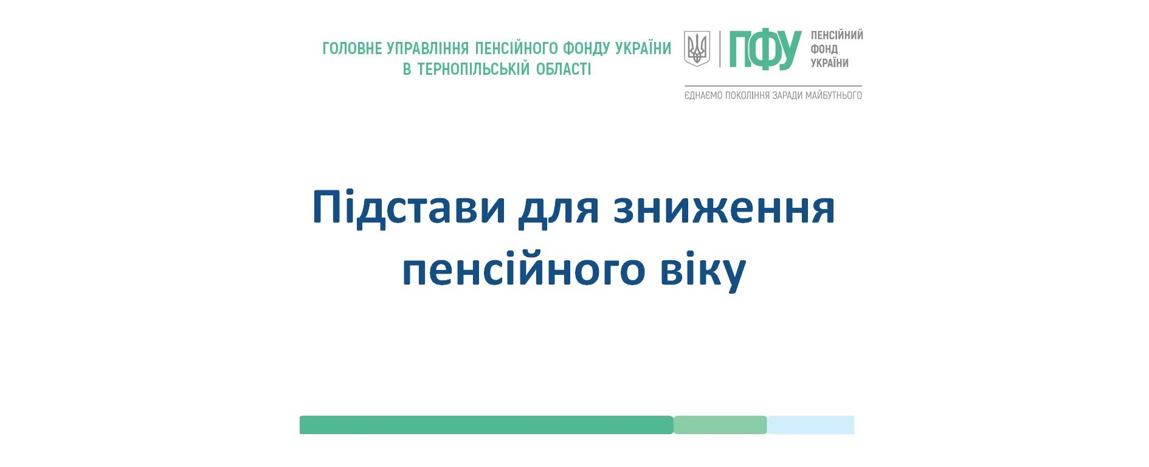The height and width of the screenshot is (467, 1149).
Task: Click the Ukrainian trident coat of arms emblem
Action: point(697,49)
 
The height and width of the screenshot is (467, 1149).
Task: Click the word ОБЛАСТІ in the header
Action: point(564,69)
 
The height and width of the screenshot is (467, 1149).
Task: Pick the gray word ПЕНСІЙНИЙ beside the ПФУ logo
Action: point(837,35)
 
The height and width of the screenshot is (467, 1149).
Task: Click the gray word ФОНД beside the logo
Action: point(824,49)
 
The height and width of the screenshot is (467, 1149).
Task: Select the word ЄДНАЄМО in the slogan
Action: point(703,95)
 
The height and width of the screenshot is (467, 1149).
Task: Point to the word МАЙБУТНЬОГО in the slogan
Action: point(833,95)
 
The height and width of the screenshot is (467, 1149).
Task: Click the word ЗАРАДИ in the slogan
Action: point(787,95)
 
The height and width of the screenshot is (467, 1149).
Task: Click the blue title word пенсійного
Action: point(523,271)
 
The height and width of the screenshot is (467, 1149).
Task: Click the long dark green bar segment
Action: point(486,425)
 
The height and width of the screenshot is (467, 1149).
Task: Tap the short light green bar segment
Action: point(720,425)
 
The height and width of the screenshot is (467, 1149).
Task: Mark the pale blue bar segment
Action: point(810,425)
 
